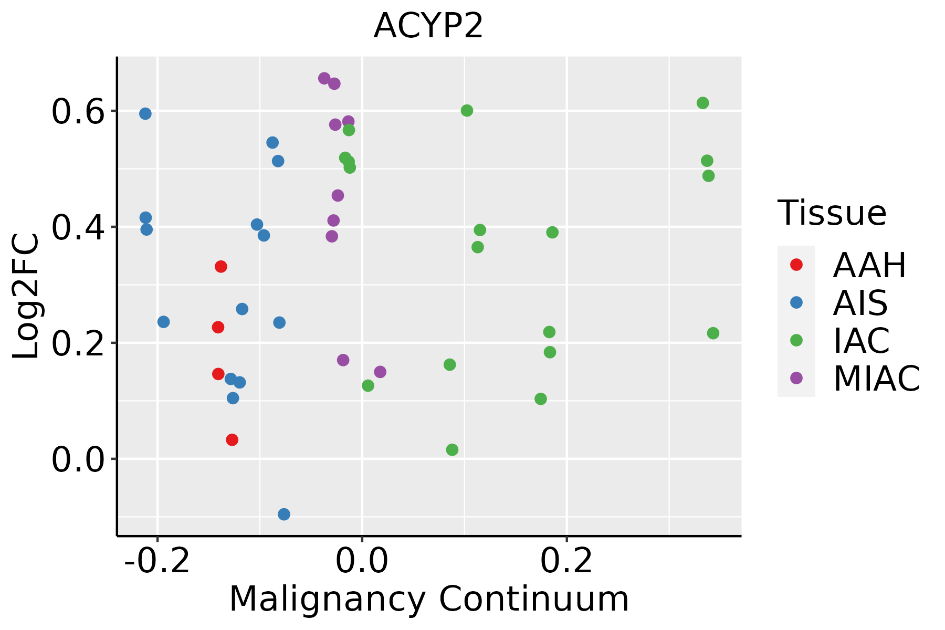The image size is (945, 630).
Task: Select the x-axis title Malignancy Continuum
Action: click(429, 599)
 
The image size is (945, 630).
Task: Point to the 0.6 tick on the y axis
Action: click(76, 112)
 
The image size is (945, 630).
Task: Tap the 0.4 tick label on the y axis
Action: click(76, 227)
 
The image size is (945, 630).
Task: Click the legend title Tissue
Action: click(832, 213)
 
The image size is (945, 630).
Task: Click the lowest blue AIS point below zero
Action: click(284, 514)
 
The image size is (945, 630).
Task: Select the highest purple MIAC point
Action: click(324, 78)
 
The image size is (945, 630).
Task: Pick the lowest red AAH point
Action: click(232, 439)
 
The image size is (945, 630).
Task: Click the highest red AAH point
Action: click(221, 267)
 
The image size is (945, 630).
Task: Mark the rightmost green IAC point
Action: click(713, 333)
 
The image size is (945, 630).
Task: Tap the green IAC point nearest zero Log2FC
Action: click(452, 449)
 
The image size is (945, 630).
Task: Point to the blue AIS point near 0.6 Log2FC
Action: click(145, 113)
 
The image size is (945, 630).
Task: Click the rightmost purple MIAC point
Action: click(380, 372)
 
